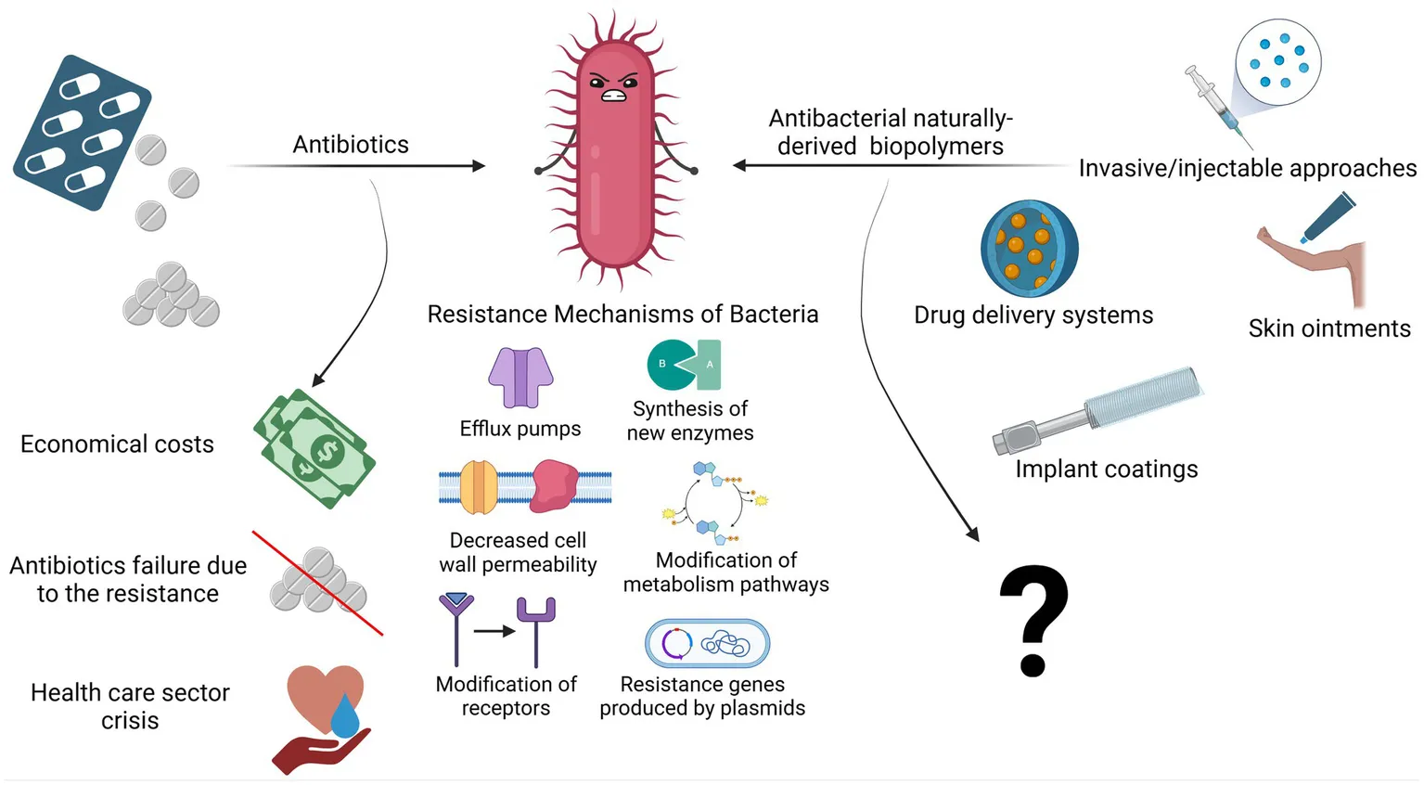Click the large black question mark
[x=1033, y=620]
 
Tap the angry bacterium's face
[x=614, y=86]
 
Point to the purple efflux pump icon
[x=520, y=377]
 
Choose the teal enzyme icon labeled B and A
[x=685, y=364]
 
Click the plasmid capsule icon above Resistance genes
[x=707, y=643]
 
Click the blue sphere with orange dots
[x=1029, y=248]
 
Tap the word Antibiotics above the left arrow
[x=351, y=145]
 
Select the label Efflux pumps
[x=520, y=429]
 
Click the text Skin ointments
[x=1328, y=328]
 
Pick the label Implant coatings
[x=1106, y=470]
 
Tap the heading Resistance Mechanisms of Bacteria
[x=622, y=315]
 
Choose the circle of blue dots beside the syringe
[x=1278, y=61]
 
